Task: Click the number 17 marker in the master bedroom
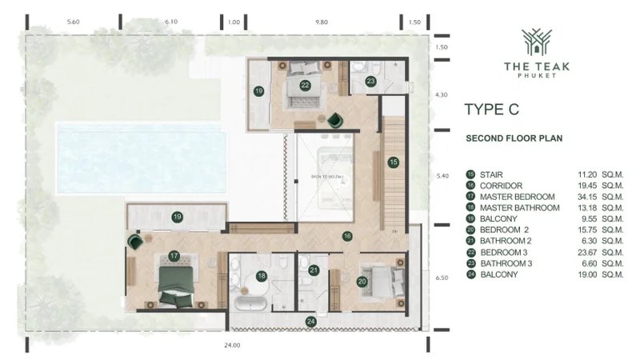[173, 257]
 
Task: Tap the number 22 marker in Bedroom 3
[305, 84]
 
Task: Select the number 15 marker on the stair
[393, 162]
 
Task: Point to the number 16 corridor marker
[347, 236]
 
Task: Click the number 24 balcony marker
[309, 322]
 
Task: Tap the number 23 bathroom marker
[370, 81]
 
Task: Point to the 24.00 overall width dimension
[232, 346]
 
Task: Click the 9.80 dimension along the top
[322, 22]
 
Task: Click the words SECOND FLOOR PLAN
[514, 138]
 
